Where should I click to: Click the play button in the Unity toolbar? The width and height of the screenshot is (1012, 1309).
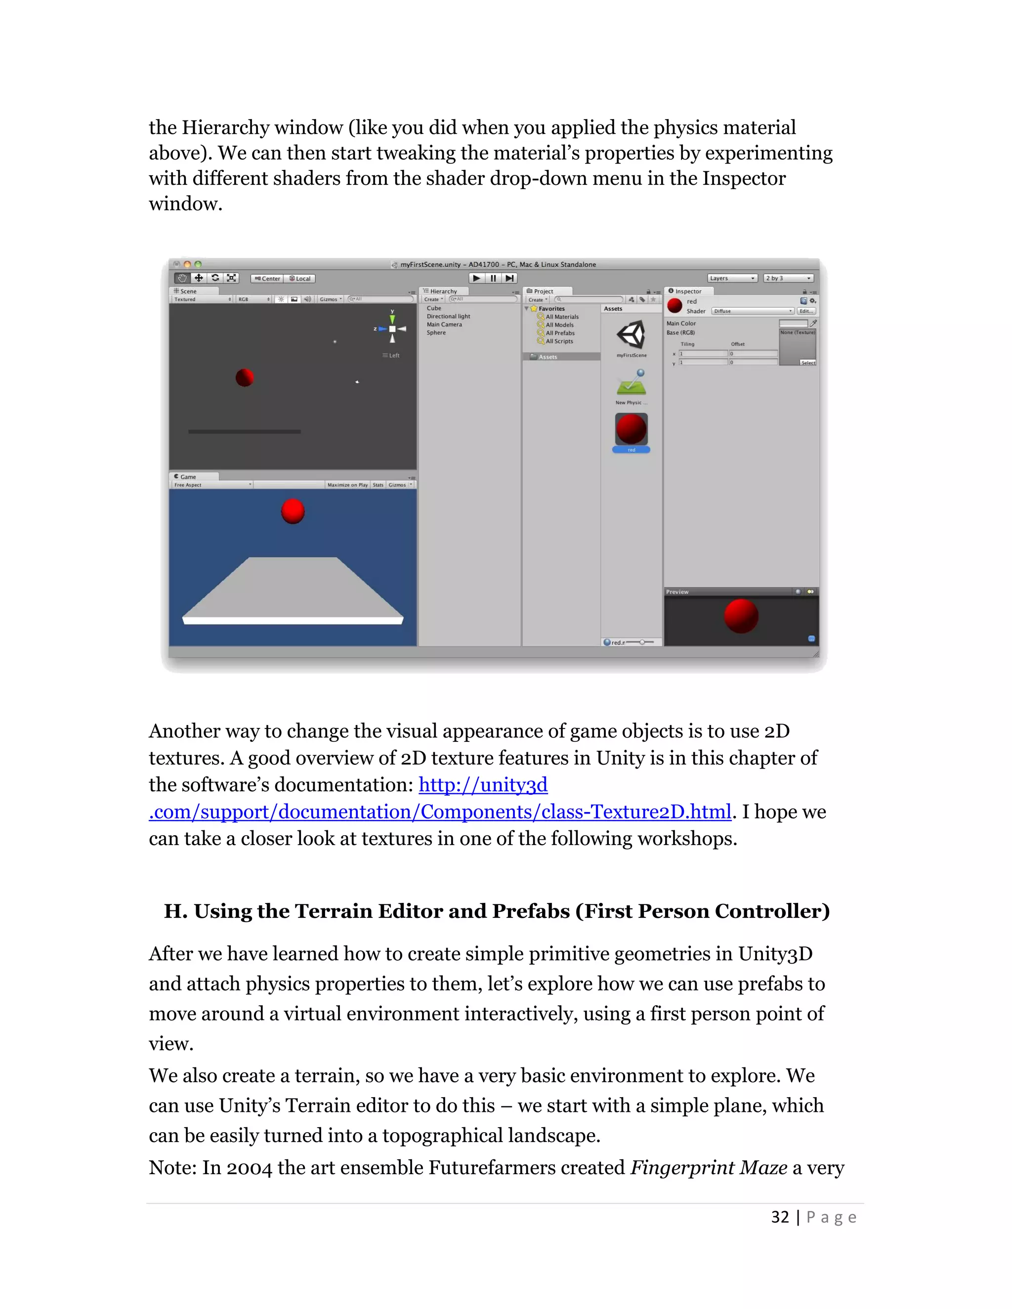pos(476,278)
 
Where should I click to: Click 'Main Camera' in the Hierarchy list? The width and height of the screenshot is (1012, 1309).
pos(444,324)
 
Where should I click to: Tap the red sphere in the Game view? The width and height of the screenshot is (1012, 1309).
pos(293,511)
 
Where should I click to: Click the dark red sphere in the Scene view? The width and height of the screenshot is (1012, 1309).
pos(245,377)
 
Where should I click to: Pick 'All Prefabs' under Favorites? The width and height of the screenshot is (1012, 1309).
pos(560,333)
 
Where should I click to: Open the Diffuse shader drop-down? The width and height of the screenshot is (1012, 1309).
pos(753,311)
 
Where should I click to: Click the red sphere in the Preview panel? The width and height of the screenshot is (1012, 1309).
pos(741,616)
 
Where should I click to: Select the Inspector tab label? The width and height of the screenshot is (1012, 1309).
pos(688,291)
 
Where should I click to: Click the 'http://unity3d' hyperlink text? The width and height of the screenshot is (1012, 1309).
pos(483,784)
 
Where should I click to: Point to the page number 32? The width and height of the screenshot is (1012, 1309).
pos(779,1217)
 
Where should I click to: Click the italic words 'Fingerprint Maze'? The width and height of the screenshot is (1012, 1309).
pos(709,1168)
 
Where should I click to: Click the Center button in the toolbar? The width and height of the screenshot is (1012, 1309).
pos(267,279)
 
